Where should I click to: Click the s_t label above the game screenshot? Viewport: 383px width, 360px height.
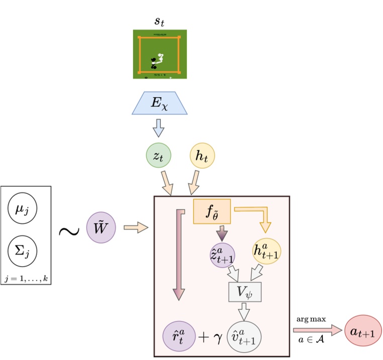(x=159, y=21)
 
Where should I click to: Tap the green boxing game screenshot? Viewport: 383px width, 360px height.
(x=159, y=54)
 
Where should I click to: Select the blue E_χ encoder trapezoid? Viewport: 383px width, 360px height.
(x=159, y=103)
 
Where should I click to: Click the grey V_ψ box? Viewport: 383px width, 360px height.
(x=245, y=291)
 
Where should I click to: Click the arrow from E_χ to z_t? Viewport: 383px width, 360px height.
(x=159, y=129)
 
